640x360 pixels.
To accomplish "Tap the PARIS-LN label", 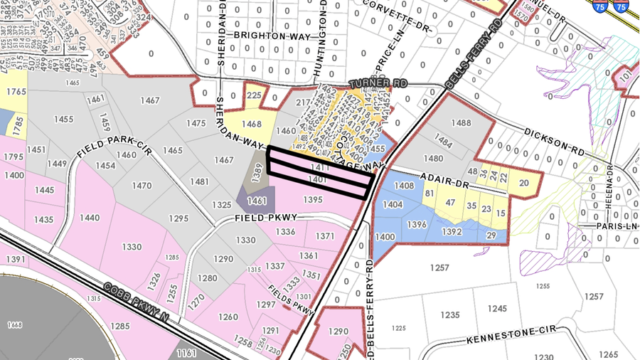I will coord(617,226).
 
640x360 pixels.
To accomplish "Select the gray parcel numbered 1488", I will coord(462,123).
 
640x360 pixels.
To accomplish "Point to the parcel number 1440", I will coord(90,218).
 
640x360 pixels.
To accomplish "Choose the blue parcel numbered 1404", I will coord(393,204).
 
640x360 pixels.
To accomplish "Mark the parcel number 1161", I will coord(187,353).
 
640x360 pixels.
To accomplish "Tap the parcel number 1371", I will coord(325,235).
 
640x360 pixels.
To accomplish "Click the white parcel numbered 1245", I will coord(498,308).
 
